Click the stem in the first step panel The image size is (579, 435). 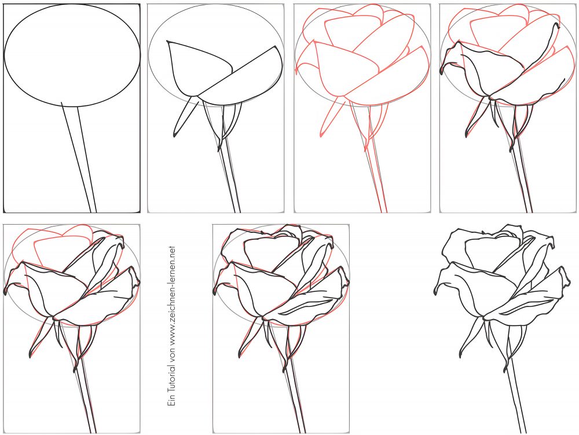(x=81, y=162)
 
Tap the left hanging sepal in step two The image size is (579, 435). (x=184, y=119)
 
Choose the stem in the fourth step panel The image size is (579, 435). (x=524, y=180)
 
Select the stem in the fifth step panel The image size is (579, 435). (x=87, y=400)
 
